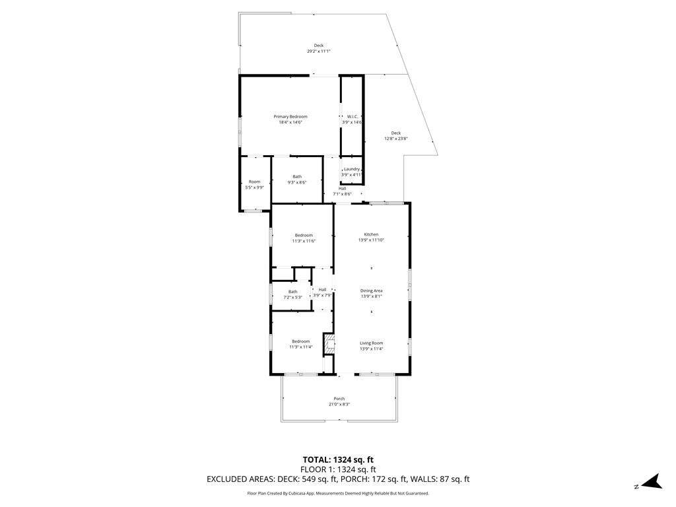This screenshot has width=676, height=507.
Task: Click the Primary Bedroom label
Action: pyautogui.click(x=290, y=117)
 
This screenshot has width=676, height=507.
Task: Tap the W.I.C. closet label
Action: pyautogui.click(x=353, y=117)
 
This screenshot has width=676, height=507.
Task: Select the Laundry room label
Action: pyautogui.click(x=352, y=169)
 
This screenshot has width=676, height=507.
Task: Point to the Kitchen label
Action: pyautogui.click(x=371, y=234)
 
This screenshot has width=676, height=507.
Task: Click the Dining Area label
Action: pyautogui.click(x=371, y=291)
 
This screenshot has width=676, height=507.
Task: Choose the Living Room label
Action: pyautogui.click(x=371, y=343)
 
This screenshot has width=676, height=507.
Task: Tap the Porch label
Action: pyautogui.click(x=339, y=399)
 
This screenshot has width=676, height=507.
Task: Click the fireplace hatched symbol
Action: pyautogui.click(x=329, y=345)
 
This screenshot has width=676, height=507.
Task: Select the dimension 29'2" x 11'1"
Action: pyautogui.click(x=319, y=51)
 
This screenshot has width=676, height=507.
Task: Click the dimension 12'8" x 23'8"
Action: pyautogui.click(x=396, y=139)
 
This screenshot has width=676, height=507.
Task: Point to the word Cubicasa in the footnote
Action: pyautogui.click(x=293, y=493)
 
